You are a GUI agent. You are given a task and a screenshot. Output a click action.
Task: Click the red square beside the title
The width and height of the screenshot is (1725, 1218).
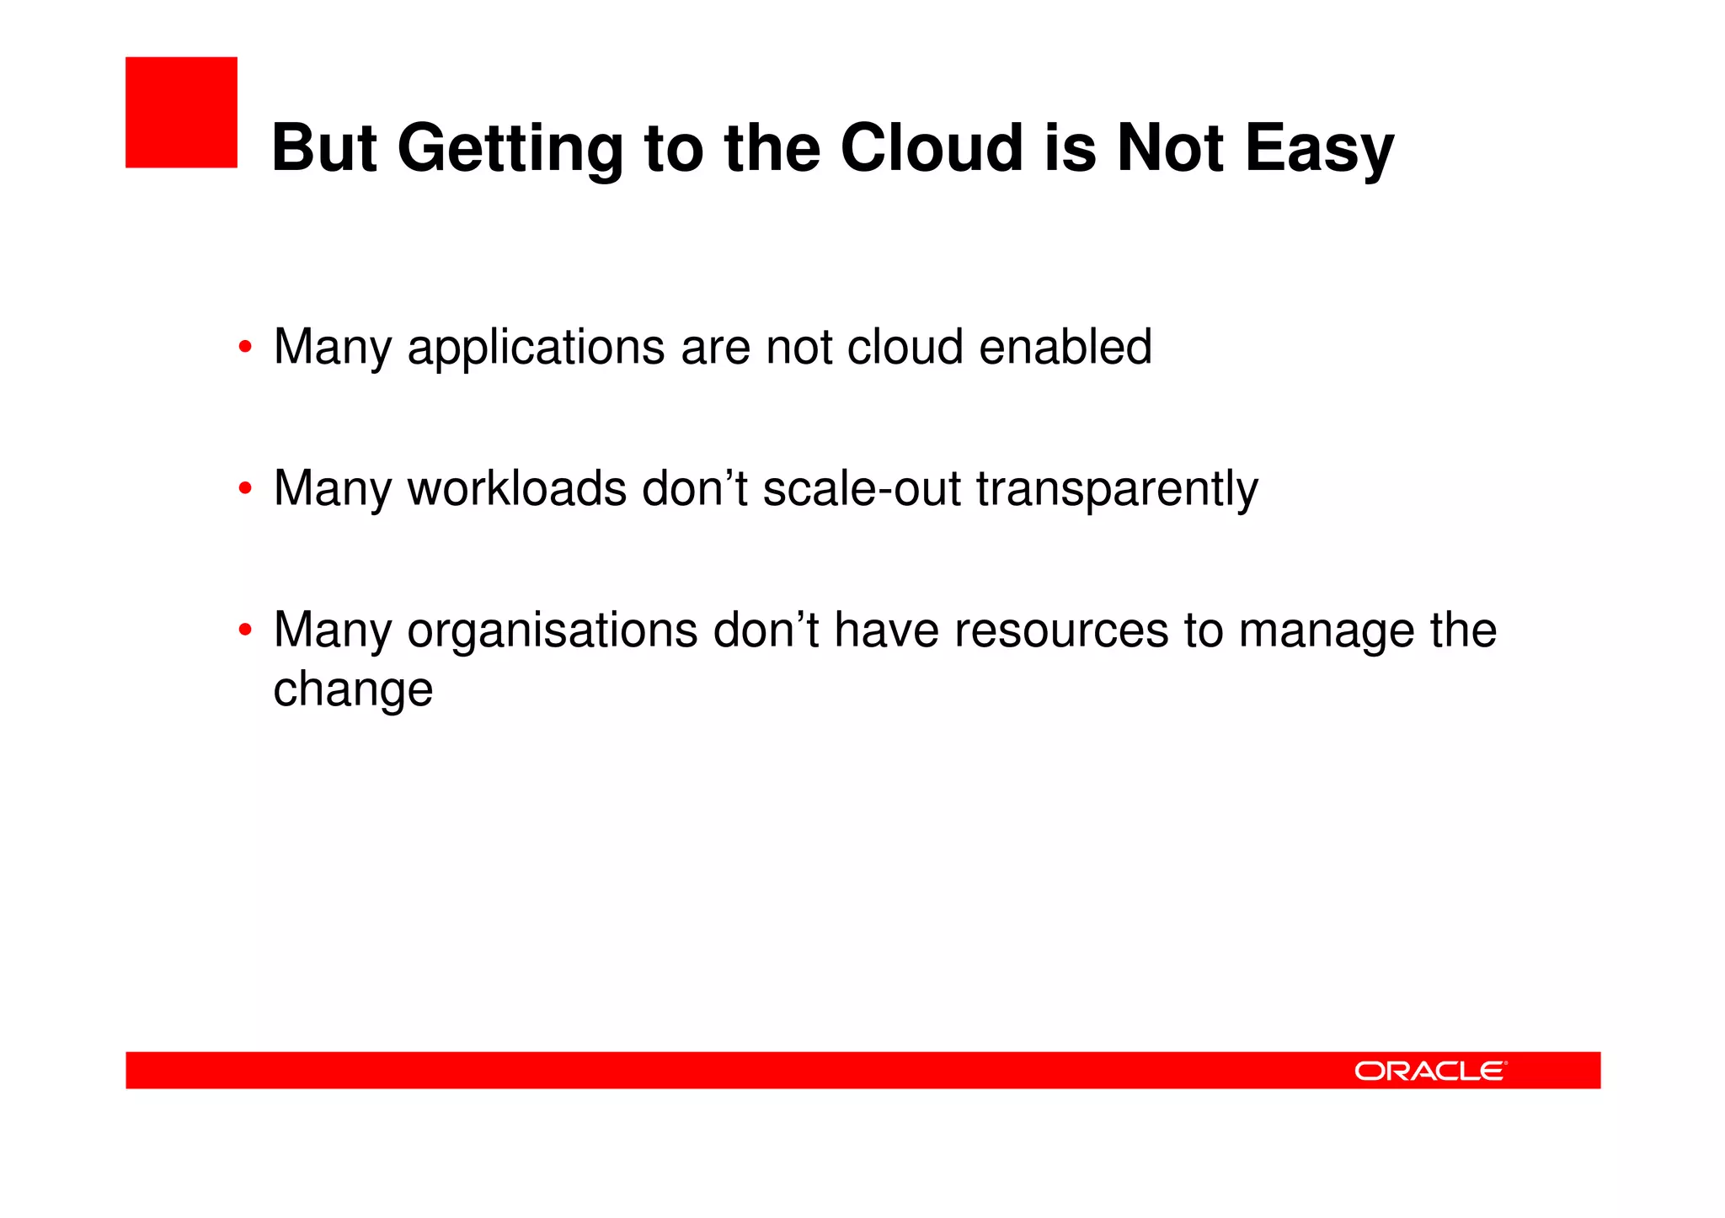coord(181,113)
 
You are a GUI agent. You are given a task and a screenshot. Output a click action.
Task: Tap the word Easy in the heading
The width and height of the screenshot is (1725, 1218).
coord(1319,150)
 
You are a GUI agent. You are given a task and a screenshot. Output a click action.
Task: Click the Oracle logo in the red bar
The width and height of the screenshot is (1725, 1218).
coord(1429,1071)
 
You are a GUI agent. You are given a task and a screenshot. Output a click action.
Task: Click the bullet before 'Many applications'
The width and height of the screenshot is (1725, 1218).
coord(245,347)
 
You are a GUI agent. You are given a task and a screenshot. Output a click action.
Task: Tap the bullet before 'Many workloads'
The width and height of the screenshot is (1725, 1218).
coord(245,488)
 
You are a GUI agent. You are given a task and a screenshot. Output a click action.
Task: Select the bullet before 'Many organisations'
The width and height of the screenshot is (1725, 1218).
coord(245,630)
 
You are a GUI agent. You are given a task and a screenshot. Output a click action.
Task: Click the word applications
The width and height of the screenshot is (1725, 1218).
coord(536,348)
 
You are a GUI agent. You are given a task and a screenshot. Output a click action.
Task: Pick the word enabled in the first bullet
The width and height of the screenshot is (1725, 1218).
coord(1065,347)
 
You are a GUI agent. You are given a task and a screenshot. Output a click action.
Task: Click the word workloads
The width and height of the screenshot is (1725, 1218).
coord(516,488)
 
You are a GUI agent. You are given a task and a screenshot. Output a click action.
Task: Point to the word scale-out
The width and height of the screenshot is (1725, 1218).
coord(861,488)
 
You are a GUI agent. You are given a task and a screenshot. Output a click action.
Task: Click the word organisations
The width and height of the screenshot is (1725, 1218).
coord(553,630)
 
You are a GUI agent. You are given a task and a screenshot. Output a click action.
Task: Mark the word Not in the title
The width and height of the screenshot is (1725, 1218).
coord(1170,148)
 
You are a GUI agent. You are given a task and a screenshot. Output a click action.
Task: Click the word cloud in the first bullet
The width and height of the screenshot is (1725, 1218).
coord(905,347)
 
